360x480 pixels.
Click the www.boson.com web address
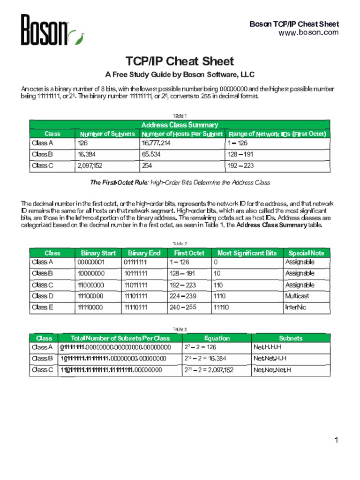315,32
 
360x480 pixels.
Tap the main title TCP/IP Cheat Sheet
180,61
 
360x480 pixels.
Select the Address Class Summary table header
180,125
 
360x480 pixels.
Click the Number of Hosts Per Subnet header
182,134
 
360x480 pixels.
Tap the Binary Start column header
98,253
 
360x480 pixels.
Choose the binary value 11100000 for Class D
91,296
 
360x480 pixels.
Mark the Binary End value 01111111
136,262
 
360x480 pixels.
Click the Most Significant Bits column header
247,253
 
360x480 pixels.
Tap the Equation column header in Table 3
217,338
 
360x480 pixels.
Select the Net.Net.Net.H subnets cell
272,370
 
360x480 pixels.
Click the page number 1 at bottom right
336,440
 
